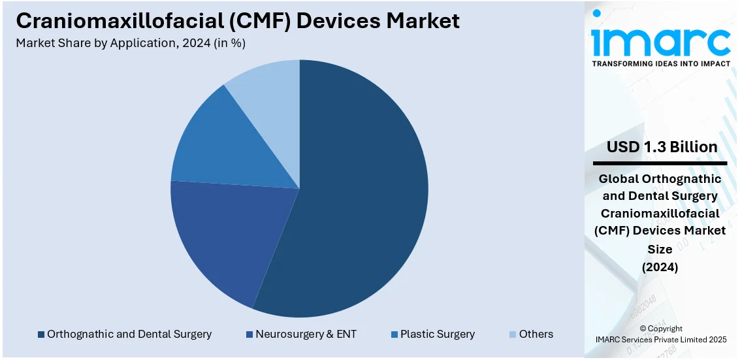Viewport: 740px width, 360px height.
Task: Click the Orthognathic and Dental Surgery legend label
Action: tap(129, 335)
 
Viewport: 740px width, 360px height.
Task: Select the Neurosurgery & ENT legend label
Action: tap(306, 335)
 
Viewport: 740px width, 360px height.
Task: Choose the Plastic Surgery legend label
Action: tap(438, 335)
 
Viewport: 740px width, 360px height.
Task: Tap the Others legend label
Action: tap(536, 335)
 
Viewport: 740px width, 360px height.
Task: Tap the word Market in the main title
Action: tap(423, 21)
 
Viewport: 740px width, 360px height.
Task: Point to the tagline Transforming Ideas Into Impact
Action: tap(660, 64)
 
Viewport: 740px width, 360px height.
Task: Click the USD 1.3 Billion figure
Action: tap(660, 147)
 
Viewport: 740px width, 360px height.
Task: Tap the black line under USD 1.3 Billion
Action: tap(660, 163)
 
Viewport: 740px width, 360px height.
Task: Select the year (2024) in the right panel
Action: tap(660, 267)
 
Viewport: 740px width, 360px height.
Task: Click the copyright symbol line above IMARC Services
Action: tap(660, 329)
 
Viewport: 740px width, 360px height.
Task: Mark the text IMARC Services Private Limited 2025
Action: tap(660, 339)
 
